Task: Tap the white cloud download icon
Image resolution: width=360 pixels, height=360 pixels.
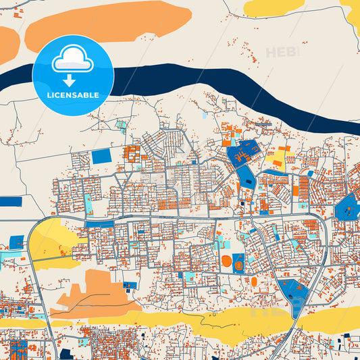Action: [73, 63]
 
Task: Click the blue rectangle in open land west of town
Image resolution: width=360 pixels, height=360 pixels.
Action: [101, 156]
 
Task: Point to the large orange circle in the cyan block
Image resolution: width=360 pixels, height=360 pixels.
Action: [226, 261]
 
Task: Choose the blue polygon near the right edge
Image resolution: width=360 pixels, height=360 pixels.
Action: [346, 206]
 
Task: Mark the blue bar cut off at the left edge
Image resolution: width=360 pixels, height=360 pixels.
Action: [11, 201]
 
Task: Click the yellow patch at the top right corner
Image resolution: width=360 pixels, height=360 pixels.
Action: [274, 7]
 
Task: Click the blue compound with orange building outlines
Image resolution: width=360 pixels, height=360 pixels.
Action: [243, 154]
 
